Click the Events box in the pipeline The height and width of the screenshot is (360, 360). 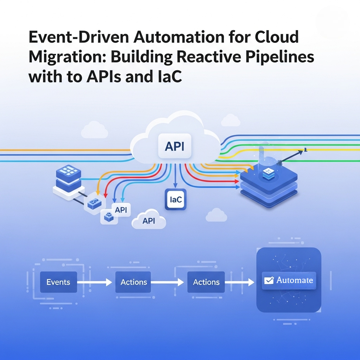click(58, 282)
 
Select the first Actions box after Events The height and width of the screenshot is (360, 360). click(133, 282)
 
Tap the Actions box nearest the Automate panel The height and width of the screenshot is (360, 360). click(206, 282)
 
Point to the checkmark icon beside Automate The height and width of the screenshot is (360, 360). click(269, 280)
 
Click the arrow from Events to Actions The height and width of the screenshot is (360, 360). click(94, 282)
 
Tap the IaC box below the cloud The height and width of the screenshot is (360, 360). click(176, 199)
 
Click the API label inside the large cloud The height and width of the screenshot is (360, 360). click(174, 146)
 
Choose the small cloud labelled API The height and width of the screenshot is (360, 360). click(149, 220)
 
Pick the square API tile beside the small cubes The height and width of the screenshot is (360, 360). click(121, 210)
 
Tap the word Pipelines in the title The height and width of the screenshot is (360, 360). click(279, 57)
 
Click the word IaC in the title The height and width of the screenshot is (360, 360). click(170, 76)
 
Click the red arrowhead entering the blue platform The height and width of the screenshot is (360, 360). click(237, 181)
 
